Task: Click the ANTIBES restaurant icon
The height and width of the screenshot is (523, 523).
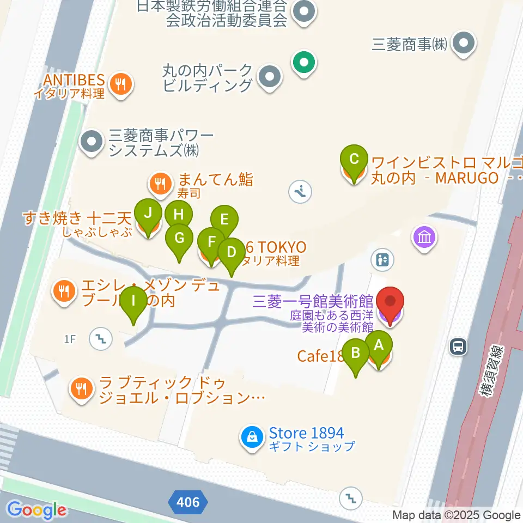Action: point(119,84)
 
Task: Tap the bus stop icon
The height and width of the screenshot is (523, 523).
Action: point(458,345)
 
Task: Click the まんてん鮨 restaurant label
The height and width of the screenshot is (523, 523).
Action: point(215,179)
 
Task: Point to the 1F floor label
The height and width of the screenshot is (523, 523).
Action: point(69,339)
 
